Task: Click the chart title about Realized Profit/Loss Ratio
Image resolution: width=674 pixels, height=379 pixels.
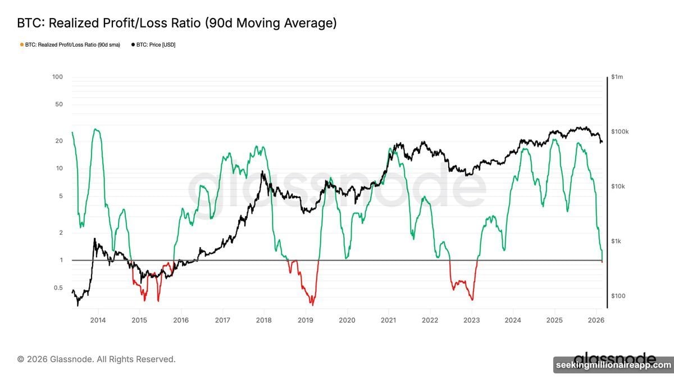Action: coord(177,23)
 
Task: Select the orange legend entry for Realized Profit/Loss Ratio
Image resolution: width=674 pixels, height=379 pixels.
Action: coord(70,44)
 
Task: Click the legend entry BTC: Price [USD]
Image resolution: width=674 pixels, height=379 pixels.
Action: coord(153,44)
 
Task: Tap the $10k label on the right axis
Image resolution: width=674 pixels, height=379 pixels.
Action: coord(620,186)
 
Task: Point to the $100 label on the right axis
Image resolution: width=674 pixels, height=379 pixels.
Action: coord(619,296)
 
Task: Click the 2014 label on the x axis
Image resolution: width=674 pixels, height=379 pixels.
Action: coord(98,320)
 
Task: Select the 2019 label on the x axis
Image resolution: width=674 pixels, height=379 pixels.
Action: coord(306,320)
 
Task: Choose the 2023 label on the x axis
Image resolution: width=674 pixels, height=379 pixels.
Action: coord(472,320)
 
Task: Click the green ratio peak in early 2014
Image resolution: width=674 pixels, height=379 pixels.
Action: coord(97,130)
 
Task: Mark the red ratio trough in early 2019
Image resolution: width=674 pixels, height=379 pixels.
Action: coord(312,304)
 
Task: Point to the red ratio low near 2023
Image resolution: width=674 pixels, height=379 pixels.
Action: coord(472,299)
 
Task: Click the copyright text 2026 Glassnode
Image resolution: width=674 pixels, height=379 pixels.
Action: coord(96,359)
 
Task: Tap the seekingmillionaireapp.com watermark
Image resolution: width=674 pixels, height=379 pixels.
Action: coord(613,366)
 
